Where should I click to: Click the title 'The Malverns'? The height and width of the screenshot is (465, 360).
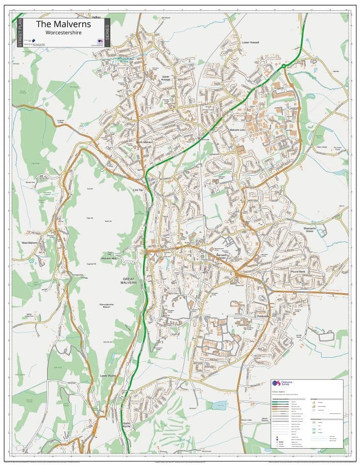pyautogui.click(x=63, y=25)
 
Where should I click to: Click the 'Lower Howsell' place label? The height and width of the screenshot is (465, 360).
pyautogui.click(x=251, y=42)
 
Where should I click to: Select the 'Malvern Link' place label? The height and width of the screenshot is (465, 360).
pyautogui.click(x=237, y=130)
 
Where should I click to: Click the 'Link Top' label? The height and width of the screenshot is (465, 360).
pyautogui.click(x=138, y=190)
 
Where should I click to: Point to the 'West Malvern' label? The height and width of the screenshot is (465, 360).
pyautogui.click(x=30, y=243)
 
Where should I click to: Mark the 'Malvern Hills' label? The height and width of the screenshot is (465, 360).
pyautogui.click(x=109, y=259)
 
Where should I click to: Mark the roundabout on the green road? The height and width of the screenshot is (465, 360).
pyautogui.click(x=283, y=66)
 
